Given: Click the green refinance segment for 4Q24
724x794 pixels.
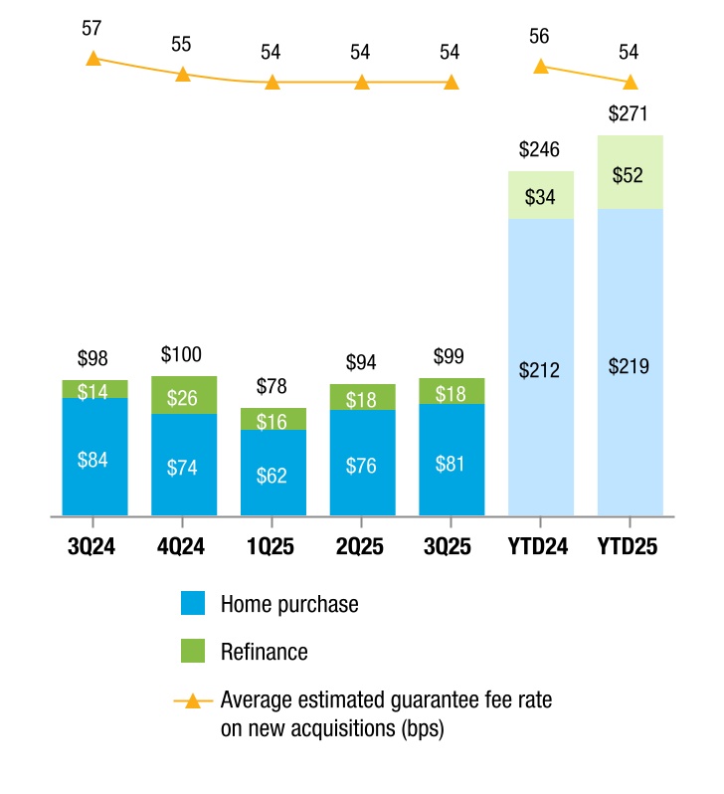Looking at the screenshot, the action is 184,395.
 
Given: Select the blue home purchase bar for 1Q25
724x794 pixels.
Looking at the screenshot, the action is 273,473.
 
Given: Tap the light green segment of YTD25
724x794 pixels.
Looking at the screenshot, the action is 631,172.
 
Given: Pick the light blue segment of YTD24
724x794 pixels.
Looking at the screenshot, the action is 541,367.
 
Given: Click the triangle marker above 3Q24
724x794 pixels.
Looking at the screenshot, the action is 93,59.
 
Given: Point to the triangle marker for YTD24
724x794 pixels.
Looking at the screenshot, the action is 541,67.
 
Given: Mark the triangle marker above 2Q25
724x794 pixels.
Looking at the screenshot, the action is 361,82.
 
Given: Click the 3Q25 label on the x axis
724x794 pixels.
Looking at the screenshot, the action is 448,546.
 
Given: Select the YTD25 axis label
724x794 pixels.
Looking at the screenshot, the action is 628,546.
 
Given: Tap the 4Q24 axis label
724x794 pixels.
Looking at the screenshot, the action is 181,546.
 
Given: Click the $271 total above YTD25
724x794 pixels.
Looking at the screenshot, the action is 628,113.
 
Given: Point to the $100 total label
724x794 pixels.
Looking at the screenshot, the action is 181,354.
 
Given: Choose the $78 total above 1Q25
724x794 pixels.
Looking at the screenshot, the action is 271,386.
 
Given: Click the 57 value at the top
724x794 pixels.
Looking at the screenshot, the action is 91,28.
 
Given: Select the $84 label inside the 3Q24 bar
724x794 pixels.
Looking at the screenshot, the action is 92,460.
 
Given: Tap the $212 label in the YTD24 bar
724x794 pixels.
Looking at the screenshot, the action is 539,370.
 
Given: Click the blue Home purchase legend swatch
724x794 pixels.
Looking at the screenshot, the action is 193,603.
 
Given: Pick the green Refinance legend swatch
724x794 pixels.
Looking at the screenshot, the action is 193,651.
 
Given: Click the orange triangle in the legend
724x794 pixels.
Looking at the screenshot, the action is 193,701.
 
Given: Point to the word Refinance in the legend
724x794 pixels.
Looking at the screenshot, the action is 265,652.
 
